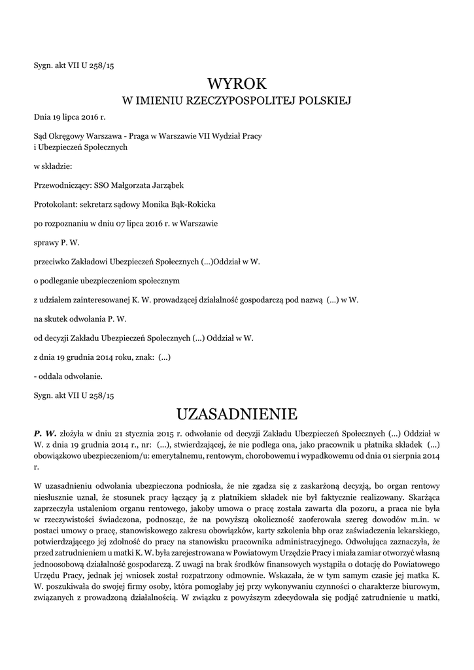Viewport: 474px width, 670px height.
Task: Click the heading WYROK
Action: (x=237, y=84)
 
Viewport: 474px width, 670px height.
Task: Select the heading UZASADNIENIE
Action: (x=237, y=414)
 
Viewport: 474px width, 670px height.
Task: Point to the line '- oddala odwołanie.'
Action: (x=68, y=376)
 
